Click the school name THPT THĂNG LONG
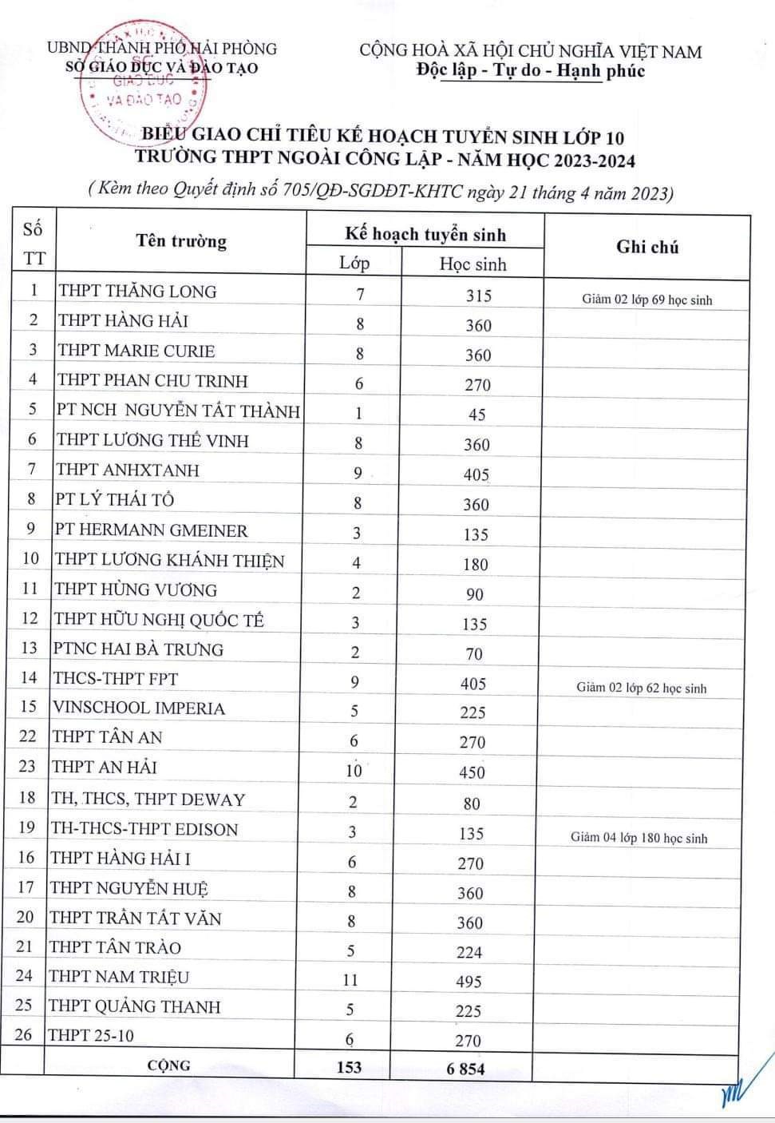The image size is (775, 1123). tap(137, 291)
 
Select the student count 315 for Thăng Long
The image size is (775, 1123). tap(479, 296)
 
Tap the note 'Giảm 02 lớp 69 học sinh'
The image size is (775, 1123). tap(646, 300)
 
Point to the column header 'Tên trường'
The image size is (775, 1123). tap(181, 241)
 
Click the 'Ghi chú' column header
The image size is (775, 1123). tap(647, 247)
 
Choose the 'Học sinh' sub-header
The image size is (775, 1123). tap(473, 264)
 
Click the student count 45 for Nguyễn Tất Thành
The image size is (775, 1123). tap(477, 415)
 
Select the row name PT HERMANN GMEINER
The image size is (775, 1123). tap(151, 530)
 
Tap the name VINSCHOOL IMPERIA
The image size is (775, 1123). tap(139, 708)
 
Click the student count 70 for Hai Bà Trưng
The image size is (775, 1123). tap(474, 654)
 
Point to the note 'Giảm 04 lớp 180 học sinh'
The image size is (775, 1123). tap(639, 838)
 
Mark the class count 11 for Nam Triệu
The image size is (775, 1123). tap(350, 980)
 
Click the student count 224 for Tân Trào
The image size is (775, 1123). tap(469, 952)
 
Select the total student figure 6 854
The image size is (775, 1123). tap(466, 1069)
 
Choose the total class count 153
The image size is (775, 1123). tap(349, 1066)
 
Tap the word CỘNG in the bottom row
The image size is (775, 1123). tap(168, 1065)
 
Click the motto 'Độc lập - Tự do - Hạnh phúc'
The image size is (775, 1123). tap(531, 70)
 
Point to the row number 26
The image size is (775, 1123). tap(24, 1035)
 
